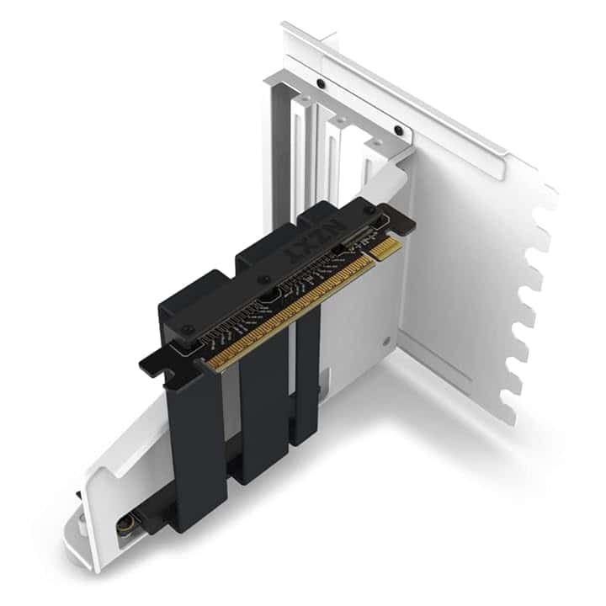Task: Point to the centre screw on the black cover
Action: coord(265,279)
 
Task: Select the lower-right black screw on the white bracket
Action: coord(398,130)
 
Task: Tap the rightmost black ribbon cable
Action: coord(307,379)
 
